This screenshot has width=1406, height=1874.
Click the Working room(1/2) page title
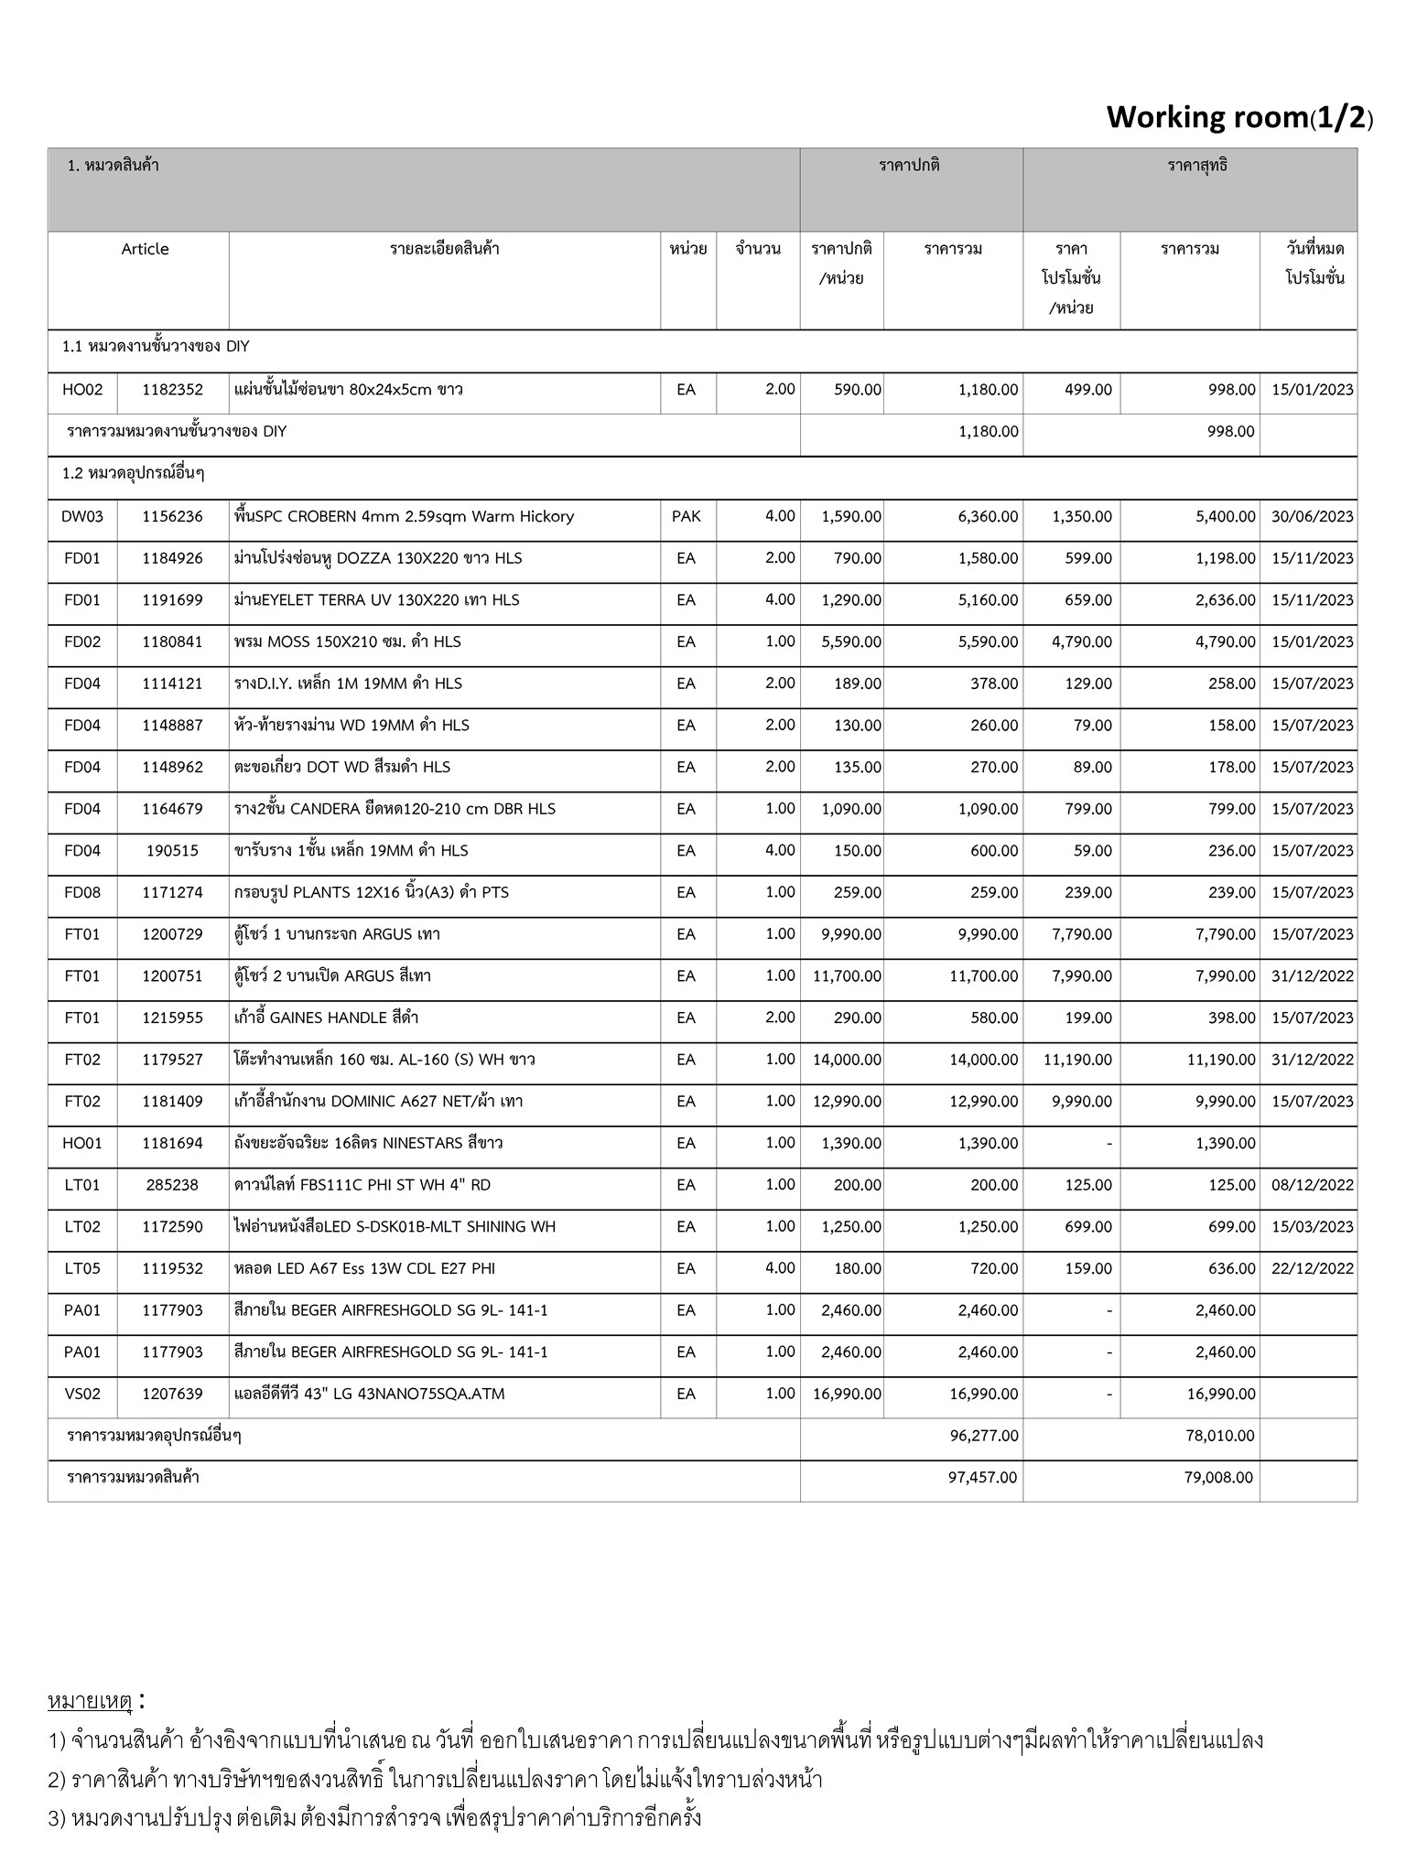tap(1238, 117)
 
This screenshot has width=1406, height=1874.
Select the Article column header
tap(145, 249)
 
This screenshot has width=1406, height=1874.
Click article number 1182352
tap(172, 390)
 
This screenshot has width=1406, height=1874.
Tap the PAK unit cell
tap(686, 516)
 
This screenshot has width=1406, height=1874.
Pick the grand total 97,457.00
tap(983, 1477)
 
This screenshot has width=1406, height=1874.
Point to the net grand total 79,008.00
tap(1218, 1477)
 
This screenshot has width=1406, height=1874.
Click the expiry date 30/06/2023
tap(1312, 516)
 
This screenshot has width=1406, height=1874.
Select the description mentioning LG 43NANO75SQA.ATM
tap(369, 1394)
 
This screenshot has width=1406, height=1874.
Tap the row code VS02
tap(82, 1394)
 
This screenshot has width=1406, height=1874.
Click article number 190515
tap(172, 851)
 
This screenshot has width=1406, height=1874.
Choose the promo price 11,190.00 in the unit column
tap(1078, 1060)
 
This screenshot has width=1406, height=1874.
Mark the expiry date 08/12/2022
tap(1312, 1185)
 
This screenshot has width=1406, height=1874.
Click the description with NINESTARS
tap(368, 1143)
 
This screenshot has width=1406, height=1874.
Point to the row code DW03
tap(82, 516)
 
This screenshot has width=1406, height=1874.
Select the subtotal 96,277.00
tap(983, 1436)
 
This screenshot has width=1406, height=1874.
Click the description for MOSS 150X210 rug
tap(347, 641)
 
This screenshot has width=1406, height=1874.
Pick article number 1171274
tap(172, 892)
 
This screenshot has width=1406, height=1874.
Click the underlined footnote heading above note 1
tap(91, 1701)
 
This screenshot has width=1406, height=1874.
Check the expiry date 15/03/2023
tap(1312, 1227)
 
